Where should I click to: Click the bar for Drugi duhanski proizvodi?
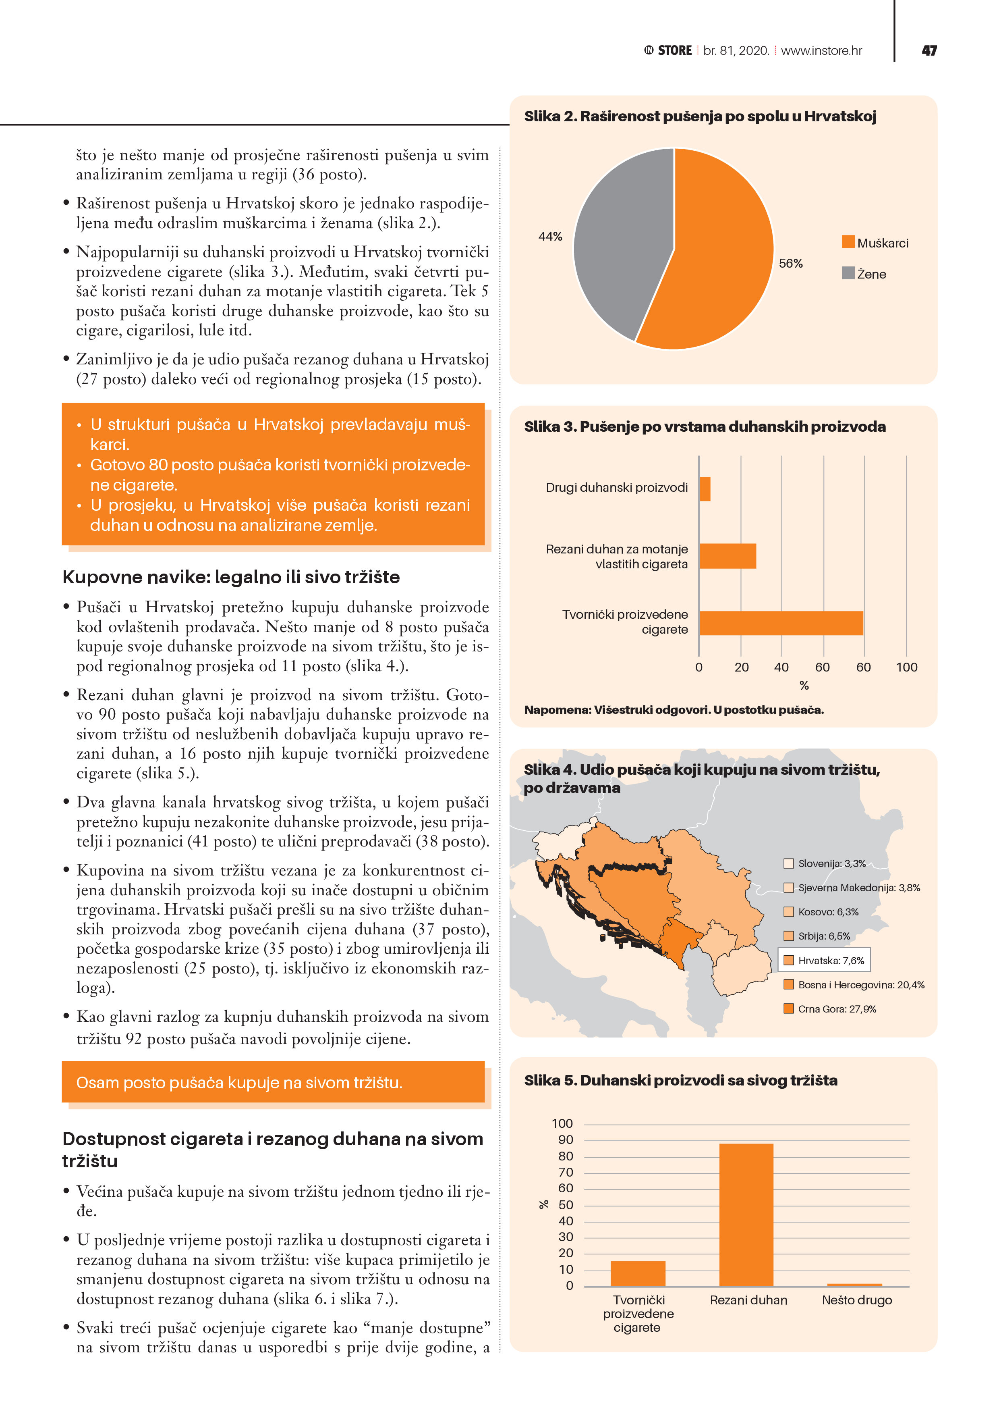[x=705, y=489]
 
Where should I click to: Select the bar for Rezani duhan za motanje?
[x=727, y=556]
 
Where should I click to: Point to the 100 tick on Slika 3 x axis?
[x=906, y=667]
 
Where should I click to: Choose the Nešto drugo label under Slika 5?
[x=856, y=1300]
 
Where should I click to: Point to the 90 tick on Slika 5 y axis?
[x=565, y=1140]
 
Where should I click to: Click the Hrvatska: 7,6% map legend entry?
[x=825, y=960]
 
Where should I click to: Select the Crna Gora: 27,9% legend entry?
[x=830, y=1009]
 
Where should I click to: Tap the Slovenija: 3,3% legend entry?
[x=825, y=863]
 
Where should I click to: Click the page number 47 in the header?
[x=929, y=50]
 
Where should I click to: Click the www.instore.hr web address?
[x=821, y=50]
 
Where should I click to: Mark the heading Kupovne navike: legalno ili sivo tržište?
[x=231, y=577]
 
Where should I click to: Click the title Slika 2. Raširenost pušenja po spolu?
[x=700, y=116]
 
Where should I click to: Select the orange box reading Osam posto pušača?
[x=273, y=1082]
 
